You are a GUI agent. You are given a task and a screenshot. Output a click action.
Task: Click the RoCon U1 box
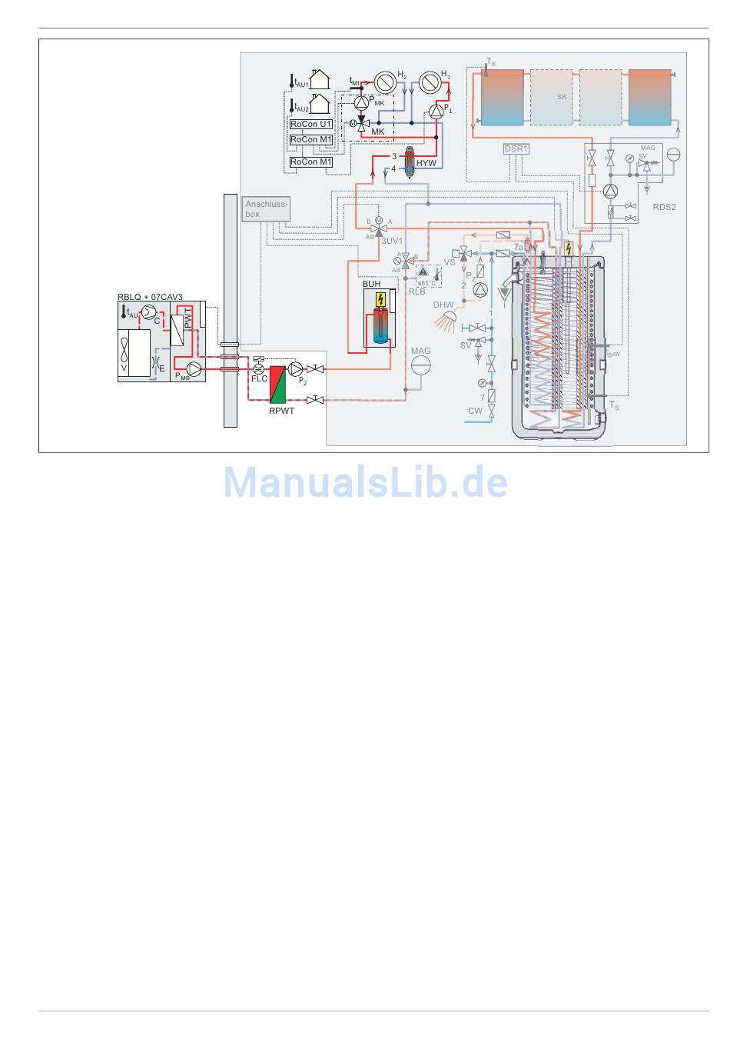click(x=310, y=124)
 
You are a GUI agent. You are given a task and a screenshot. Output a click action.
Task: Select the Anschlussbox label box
click(x=266, y=209)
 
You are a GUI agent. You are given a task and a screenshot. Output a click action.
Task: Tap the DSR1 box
click(x=516, y=149)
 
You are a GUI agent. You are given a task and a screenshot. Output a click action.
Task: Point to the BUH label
click(x=371, y=284)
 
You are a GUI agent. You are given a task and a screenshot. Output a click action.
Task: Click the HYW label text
click(x=426, y=164)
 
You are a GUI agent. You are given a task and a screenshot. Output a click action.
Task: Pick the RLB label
click(x=416, y=291)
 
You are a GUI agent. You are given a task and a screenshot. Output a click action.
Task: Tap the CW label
click(x=475, y=411)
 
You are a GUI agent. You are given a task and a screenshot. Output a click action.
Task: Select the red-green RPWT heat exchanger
click(x=277, y=381)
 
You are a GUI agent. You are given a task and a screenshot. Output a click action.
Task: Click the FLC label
click(x=259, y=378)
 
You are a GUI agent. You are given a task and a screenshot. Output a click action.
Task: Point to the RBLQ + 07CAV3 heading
click(x=151, y=297)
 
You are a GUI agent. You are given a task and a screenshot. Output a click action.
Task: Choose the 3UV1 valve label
click(x=392, y=241)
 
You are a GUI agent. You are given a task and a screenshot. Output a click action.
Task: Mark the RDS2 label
click(x=664, y=207)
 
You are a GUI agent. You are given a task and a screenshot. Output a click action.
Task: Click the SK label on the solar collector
click(x=562, y=97)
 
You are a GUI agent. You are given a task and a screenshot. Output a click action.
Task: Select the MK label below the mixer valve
click(x=377, y=132)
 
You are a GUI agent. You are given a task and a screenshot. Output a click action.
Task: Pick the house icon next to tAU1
click(x=319, y=80)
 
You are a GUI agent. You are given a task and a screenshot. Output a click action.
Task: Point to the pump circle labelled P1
click(x=436, y=112)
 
